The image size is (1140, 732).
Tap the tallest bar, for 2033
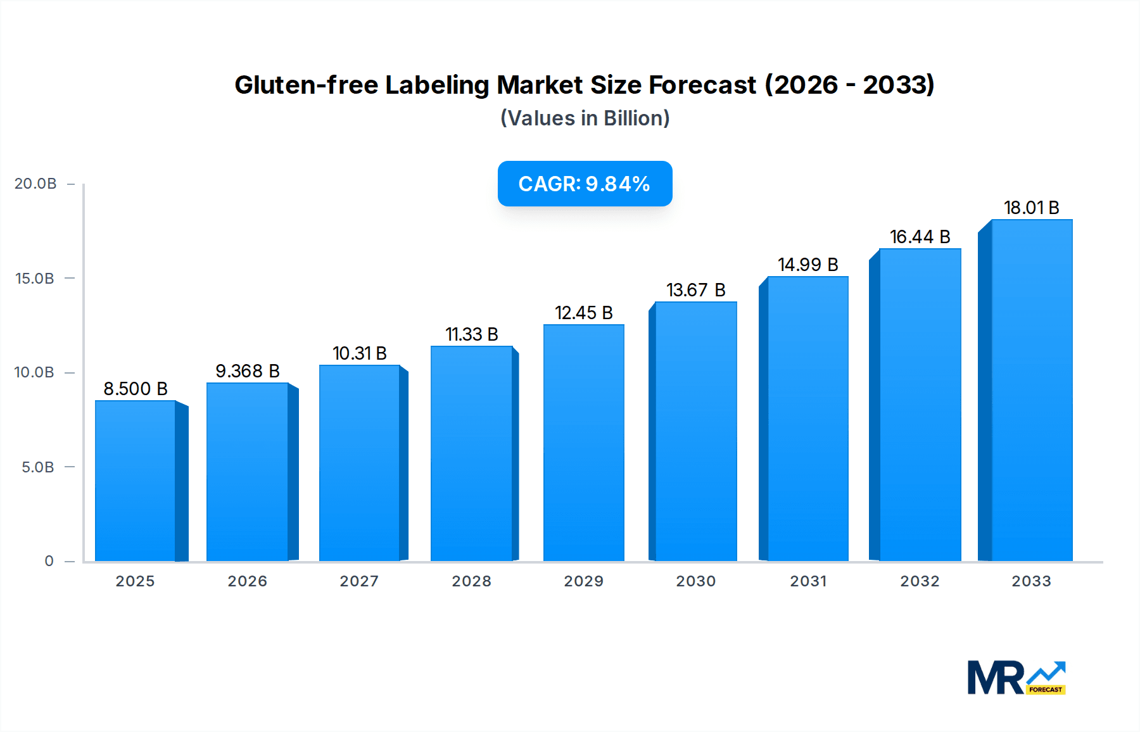[x=1031, y=389]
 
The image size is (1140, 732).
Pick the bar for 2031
[x=807, y=418]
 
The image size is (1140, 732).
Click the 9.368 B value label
[x=248, y=371]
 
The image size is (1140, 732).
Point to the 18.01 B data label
[x=1031, y=208]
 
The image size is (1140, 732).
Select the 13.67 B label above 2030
[x=695, y=290]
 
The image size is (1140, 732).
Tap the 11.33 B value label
[x=471, y=334]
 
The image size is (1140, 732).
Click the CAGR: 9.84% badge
[x=585, y=184]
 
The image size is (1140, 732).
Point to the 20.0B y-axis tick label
[x=35, y=184]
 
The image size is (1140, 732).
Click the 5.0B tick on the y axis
[x=38, y=467]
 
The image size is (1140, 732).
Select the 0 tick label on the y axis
[x=49, y=561]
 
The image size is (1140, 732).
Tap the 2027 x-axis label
[x=359, y=581]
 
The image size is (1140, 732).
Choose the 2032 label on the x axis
[x=920, y=581]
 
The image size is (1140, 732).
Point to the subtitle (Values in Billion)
[x=585, y=118]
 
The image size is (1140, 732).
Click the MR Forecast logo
[x=1016, y=678]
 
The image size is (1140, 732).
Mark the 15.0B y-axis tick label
[x=35, y=279]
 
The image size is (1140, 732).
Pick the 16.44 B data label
[x=920, y=237]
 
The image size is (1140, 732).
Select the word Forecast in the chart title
[x=702, y=85]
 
